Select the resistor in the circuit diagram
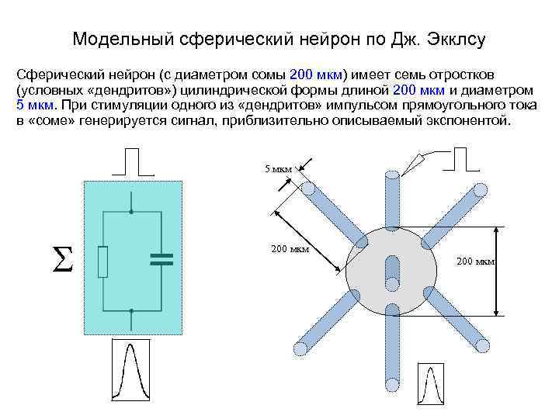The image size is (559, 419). coord(103,261)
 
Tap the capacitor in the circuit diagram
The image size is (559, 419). coord(161,259)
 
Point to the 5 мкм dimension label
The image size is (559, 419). coord(278,168)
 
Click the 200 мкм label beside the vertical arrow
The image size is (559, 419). coord(475,261)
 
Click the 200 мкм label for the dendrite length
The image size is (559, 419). coord(290,249)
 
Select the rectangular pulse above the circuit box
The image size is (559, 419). coord(133,161)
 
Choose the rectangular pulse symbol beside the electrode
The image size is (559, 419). coord(460,158)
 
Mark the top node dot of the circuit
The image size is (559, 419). coord(132,211)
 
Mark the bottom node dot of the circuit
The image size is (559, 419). coord(132,310)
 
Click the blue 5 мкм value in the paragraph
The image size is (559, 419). coord(36,106)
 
